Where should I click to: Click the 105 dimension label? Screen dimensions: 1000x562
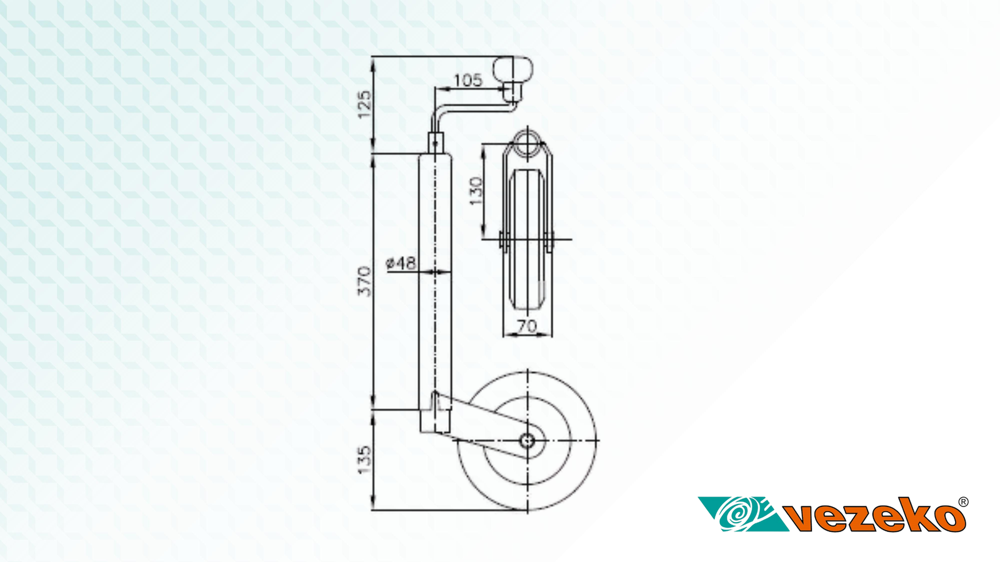click(468, 81)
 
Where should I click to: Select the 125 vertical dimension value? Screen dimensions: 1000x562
click(365, 105)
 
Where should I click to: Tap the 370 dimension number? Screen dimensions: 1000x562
click(365, 282)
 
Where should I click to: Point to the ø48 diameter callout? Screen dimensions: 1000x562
click(401, 263)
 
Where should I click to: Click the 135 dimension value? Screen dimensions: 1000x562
click(365, 460)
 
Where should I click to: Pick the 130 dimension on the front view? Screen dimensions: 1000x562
click(476, 191)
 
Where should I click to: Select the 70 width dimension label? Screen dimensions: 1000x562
click(527, 326)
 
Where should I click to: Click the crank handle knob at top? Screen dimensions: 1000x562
click(513, 69)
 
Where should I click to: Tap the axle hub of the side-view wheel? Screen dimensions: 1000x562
click(527, 441)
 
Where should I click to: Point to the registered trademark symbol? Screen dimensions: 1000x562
click(963, 502)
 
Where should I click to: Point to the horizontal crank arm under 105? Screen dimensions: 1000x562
click(473, 107)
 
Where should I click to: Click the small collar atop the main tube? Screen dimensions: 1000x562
click(436, 143)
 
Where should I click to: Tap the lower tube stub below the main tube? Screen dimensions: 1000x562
click(434, 421)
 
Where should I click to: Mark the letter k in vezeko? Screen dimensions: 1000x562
click(916, 515)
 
